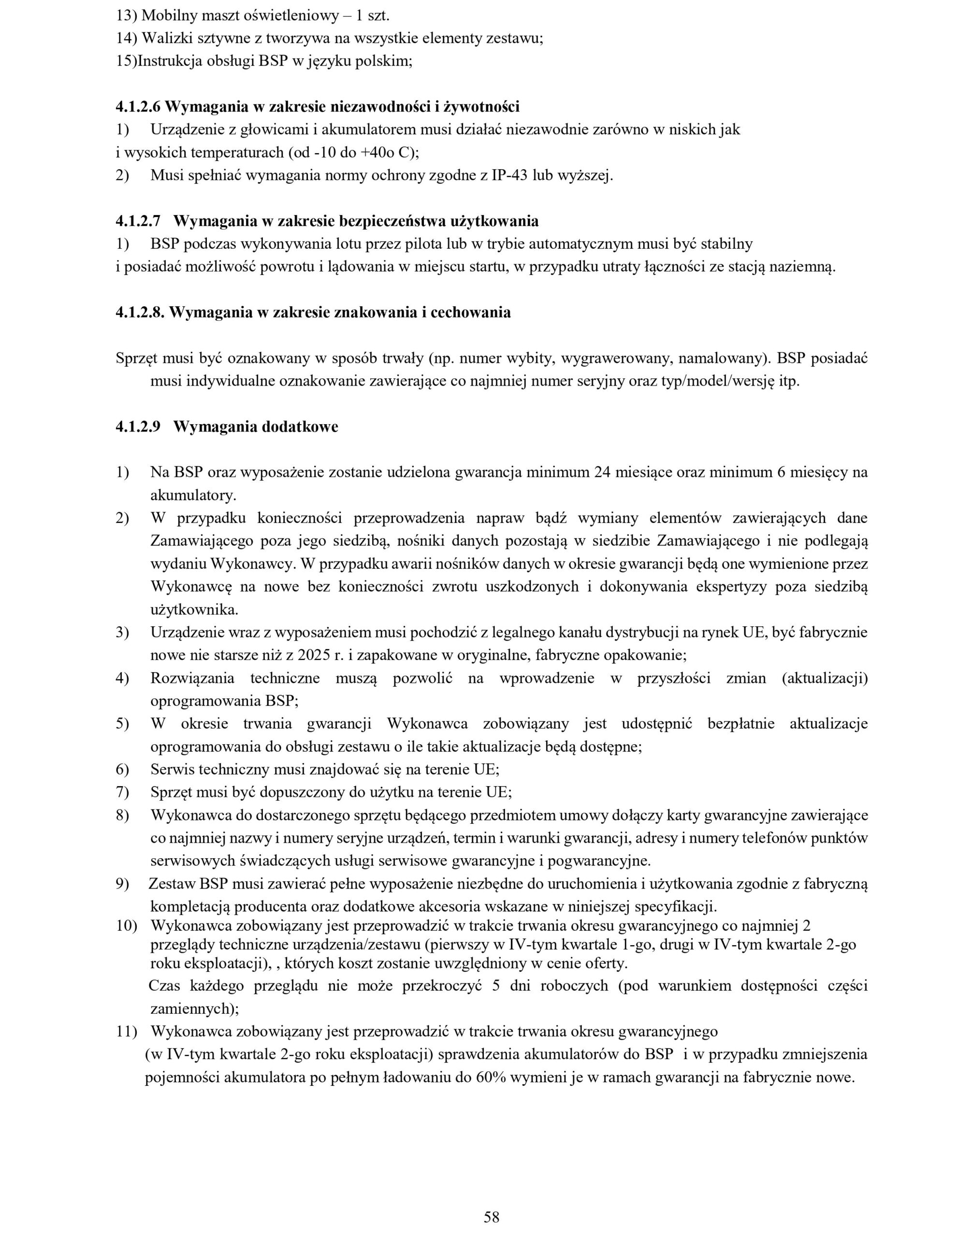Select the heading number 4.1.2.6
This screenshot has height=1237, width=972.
(x=138, y=106)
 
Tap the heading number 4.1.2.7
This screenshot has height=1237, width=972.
(x=138, y=221)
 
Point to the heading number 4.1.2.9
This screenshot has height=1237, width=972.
(x=138, y=427)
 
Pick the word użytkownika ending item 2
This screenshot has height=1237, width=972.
(x=194, y=609)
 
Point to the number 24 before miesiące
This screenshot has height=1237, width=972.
(x=602, y=472)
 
